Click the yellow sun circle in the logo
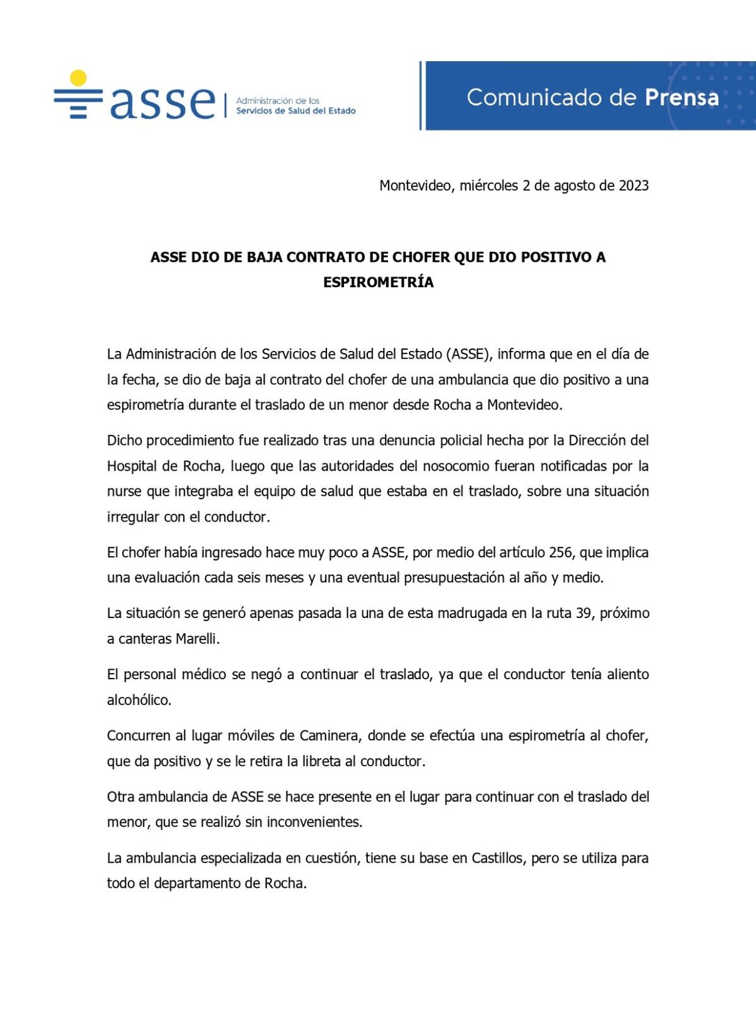78,77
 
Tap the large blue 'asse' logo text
163,101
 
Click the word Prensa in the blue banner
682,98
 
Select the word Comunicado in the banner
534,98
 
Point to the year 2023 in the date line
633,185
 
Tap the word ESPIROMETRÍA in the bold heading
378,282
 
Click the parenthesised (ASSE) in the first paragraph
469,354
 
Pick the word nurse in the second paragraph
125,491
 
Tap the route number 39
583,613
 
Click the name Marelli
197,639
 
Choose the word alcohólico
139,700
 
